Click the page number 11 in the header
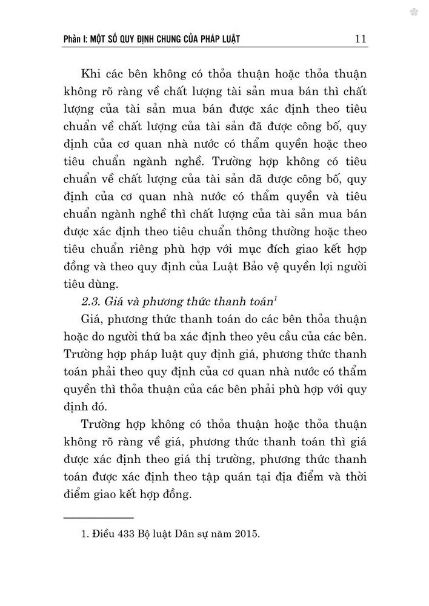(x=360, y=39)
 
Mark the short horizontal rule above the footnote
(x=98, y=518)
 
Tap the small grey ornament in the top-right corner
(x=413, y=12)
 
